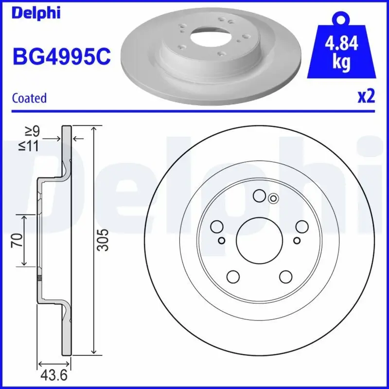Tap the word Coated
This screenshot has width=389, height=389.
click(29, 98)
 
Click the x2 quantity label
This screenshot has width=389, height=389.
click(366, 97)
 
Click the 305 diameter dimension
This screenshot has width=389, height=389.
click(103, 240)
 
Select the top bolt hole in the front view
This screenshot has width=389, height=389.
click(259, 195)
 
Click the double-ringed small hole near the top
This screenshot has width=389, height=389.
click(273, 198)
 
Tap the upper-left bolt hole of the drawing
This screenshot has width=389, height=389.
click(216, 226)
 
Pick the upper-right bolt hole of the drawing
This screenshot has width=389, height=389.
click(301, 226)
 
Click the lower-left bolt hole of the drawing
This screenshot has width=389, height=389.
click(233, 276)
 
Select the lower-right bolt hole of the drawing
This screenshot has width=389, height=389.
click(285, 276)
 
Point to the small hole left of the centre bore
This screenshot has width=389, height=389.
click(222, 240)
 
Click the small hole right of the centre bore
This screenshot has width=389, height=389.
click(297, 240)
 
